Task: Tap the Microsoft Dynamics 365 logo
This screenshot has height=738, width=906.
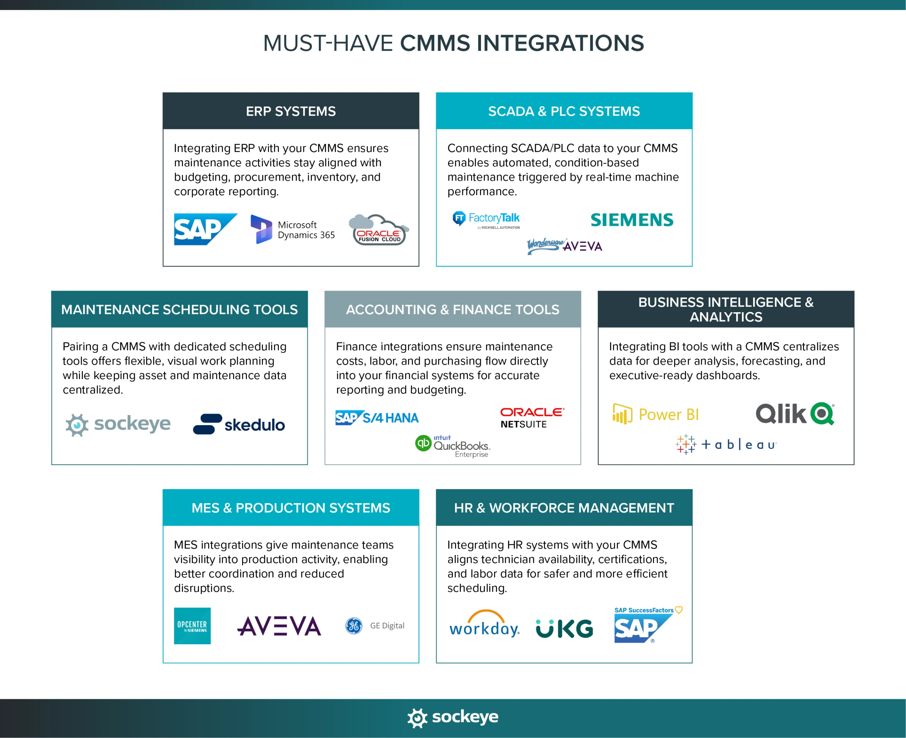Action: [292, 230]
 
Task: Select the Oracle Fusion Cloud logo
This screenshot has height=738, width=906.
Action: [379, 230]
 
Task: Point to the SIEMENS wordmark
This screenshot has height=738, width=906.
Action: [632, 220]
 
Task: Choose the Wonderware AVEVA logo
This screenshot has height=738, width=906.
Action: [564, 246]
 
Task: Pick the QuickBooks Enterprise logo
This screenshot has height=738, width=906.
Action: [453, 446]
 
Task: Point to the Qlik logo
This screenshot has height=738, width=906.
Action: [795, 414]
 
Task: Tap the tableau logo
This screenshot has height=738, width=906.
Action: [726, 445]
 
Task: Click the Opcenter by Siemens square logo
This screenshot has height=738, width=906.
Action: [192, 626]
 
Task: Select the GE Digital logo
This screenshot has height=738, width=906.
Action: [375, 626]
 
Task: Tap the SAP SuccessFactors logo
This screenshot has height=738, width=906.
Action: [647, 625]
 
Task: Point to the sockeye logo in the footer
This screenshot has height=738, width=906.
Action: [453, 717]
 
